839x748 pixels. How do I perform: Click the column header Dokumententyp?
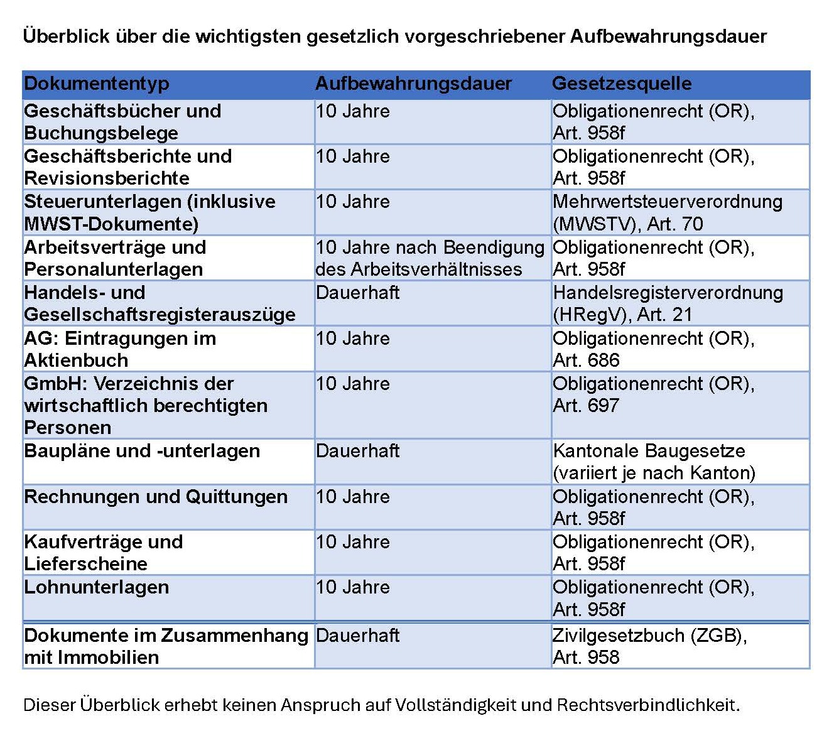click(97, 84)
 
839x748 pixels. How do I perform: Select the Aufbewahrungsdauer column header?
click(413, 84)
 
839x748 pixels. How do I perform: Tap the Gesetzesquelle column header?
click(622, 84)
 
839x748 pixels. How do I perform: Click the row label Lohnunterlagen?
click(97, 587)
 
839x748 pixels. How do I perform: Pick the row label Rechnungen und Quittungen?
click(156, 497)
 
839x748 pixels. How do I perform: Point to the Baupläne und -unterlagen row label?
click(142, 451)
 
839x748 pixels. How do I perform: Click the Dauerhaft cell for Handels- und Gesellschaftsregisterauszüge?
click(358, 293)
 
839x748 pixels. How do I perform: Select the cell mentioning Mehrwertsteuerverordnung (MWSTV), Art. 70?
click(667, 213)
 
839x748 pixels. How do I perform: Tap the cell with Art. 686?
click(653, 349)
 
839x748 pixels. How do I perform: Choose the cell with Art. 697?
click(653, 394)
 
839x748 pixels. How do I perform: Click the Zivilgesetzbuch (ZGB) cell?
click(649, 646)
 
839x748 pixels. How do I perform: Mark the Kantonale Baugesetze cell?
click(653, 462)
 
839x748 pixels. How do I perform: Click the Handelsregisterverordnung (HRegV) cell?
click(667, 303)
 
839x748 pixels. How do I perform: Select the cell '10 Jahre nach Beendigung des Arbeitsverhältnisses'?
click(430, 258)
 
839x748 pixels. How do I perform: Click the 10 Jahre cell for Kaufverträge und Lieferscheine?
click(353, 542)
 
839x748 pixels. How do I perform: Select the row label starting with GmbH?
click(146, 405)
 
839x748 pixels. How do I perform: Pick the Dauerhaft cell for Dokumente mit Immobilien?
click(358, 636)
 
